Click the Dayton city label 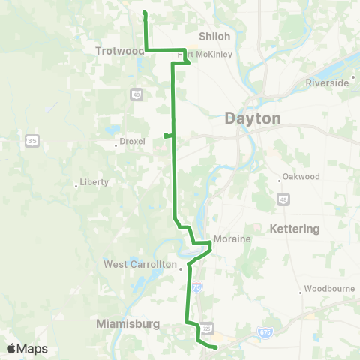pos(252,118)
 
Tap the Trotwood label pos(119,51)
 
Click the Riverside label pos(327,83)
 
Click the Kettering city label pos(295,229)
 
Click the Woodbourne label pos(325,291)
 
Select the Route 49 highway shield pos(136,94)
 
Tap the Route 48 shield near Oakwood pos(283,199)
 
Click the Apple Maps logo pos(28,348)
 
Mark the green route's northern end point pos(144,13)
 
